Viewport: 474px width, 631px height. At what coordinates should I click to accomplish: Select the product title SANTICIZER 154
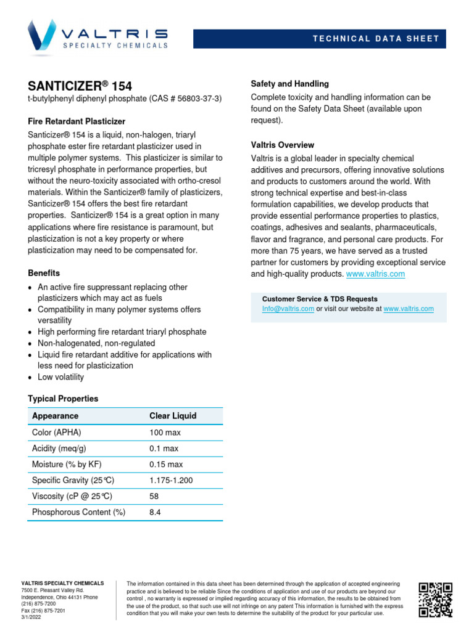tap(80, 86)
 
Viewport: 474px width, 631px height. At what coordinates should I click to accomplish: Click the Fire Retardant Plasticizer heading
tap(77, 121)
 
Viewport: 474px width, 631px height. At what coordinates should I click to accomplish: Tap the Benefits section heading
tap(44, 272)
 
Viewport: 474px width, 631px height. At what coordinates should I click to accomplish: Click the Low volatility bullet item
tap(60, 377)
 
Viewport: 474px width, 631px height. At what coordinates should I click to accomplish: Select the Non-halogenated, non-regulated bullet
tap(96, 343)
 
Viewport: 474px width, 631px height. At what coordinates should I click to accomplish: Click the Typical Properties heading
tap(63, 399)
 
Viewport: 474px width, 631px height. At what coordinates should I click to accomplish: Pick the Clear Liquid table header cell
tap(173, 416)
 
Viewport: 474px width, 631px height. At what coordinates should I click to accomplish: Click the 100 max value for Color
tap(165, 432)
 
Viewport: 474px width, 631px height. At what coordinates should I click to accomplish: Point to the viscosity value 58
tap(154, 496)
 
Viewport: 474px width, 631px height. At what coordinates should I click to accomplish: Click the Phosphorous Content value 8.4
tap(155, 512)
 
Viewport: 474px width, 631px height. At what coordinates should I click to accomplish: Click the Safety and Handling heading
tap(289, 84)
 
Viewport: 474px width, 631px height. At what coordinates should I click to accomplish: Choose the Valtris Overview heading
tap(282, 145)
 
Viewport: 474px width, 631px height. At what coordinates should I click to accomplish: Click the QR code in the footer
tap(436, 600)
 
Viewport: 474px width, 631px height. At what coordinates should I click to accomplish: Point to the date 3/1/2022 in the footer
tap(30, 617)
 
